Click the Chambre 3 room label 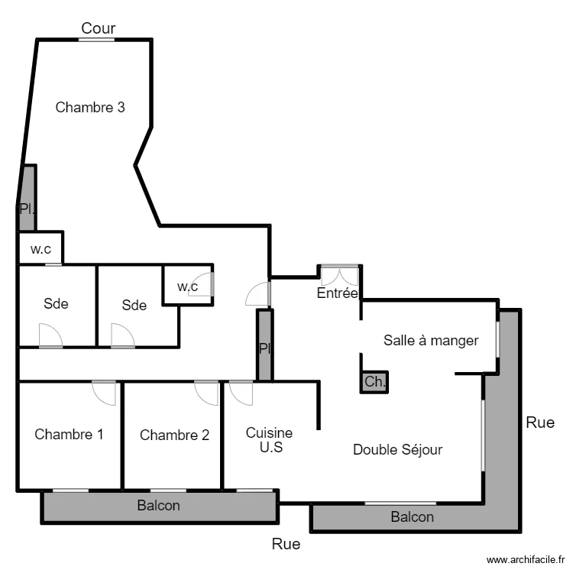tap(90, 108)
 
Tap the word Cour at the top tap(99, 28)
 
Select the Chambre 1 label tap(69, 435)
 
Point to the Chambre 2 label tap(174, 435)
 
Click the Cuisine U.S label tap(269, 440)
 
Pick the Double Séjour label tap(397, 450)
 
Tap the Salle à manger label tap(431, 340)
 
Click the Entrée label tap(337, 293)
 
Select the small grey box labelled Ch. tap(374, 382)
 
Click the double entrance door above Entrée tap(339, 274)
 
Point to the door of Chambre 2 tap(207, 392)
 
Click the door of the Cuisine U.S tap(241, 392)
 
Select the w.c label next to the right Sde tap(187, 286)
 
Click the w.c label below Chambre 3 tap(40, 248)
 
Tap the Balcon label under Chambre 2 tap(159, 506)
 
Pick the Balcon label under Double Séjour tap(413, 517)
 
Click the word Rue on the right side tap(540, 422)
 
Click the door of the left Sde tap(50, 335)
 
